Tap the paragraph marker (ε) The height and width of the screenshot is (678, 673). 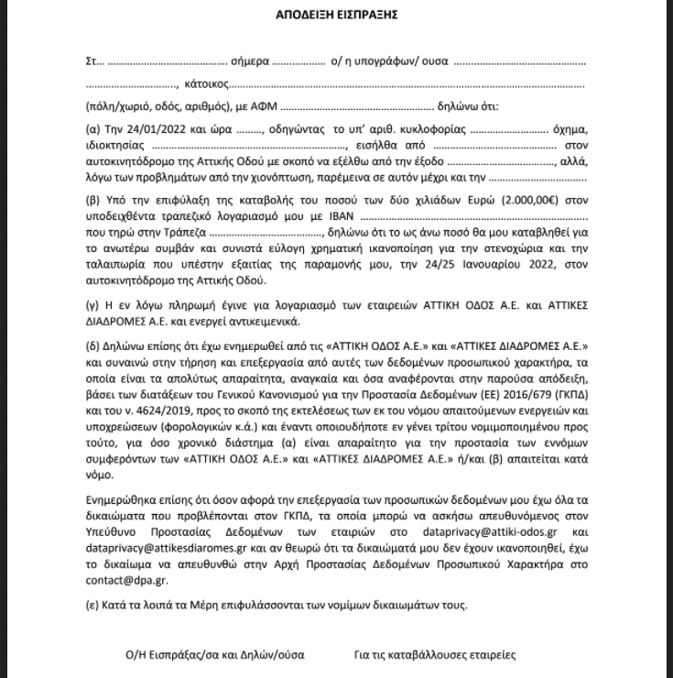92,606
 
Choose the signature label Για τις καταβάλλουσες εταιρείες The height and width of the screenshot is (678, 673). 433,655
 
